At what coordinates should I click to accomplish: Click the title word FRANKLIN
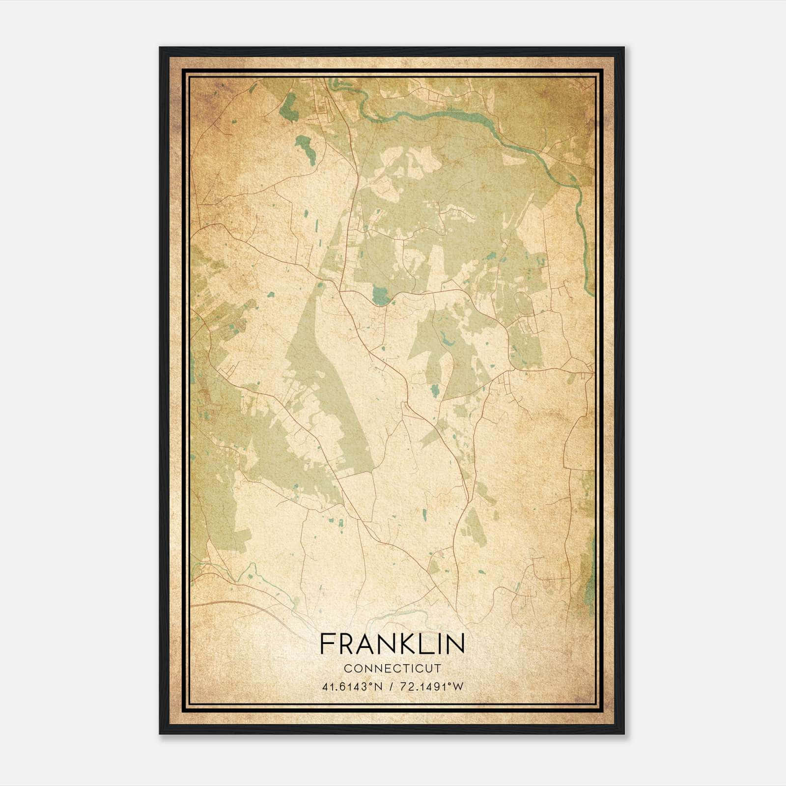pos(392,644)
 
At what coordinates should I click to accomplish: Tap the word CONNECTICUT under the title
pos(392,669)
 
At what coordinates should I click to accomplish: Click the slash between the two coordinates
pos(392,687)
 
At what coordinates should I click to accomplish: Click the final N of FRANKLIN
pos(456,644)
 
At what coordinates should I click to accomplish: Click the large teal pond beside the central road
pos(380,296)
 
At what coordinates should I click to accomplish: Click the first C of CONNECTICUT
pos(347,669)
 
